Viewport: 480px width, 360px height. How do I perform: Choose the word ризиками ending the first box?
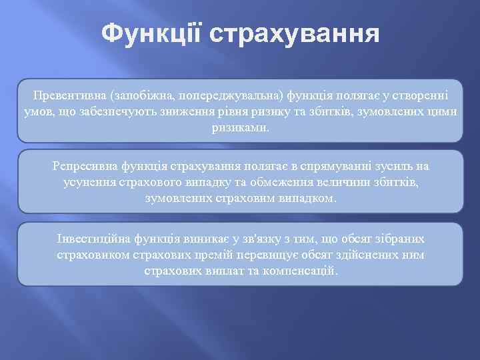(x=239, y=127)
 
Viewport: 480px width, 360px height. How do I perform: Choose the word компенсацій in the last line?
(x=304, y=271)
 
